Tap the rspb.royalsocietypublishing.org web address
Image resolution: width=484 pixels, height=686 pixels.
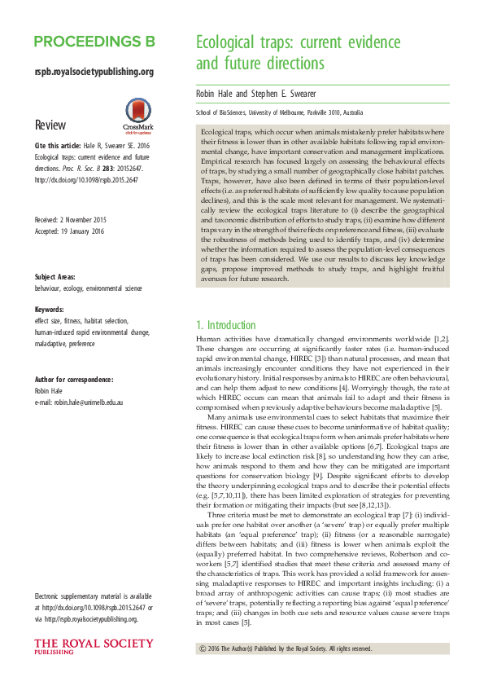(x=94, y=72)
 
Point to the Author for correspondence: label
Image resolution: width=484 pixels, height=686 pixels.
(x=78, y=380)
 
